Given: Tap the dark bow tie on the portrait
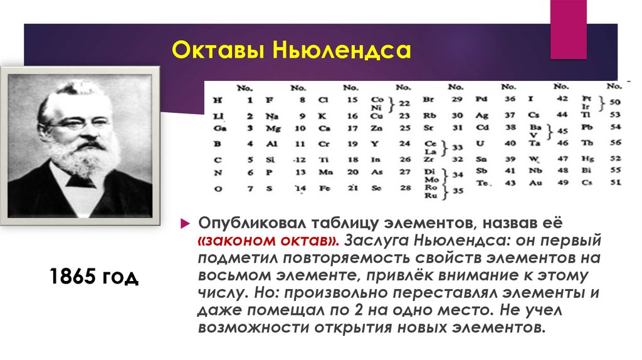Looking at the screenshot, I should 81,181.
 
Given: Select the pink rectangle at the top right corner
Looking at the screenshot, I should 568,28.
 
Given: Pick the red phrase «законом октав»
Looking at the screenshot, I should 268,240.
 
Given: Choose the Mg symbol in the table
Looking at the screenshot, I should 271,129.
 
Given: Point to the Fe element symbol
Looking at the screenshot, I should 324,188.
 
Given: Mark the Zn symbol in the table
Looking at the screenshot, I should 377,129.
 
